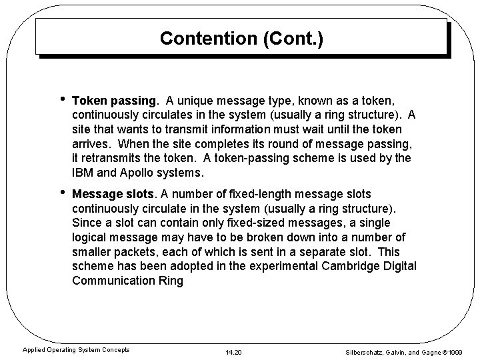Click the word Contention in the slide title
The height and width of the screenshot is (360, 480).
pyautogui.click(x=203, y=38)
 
